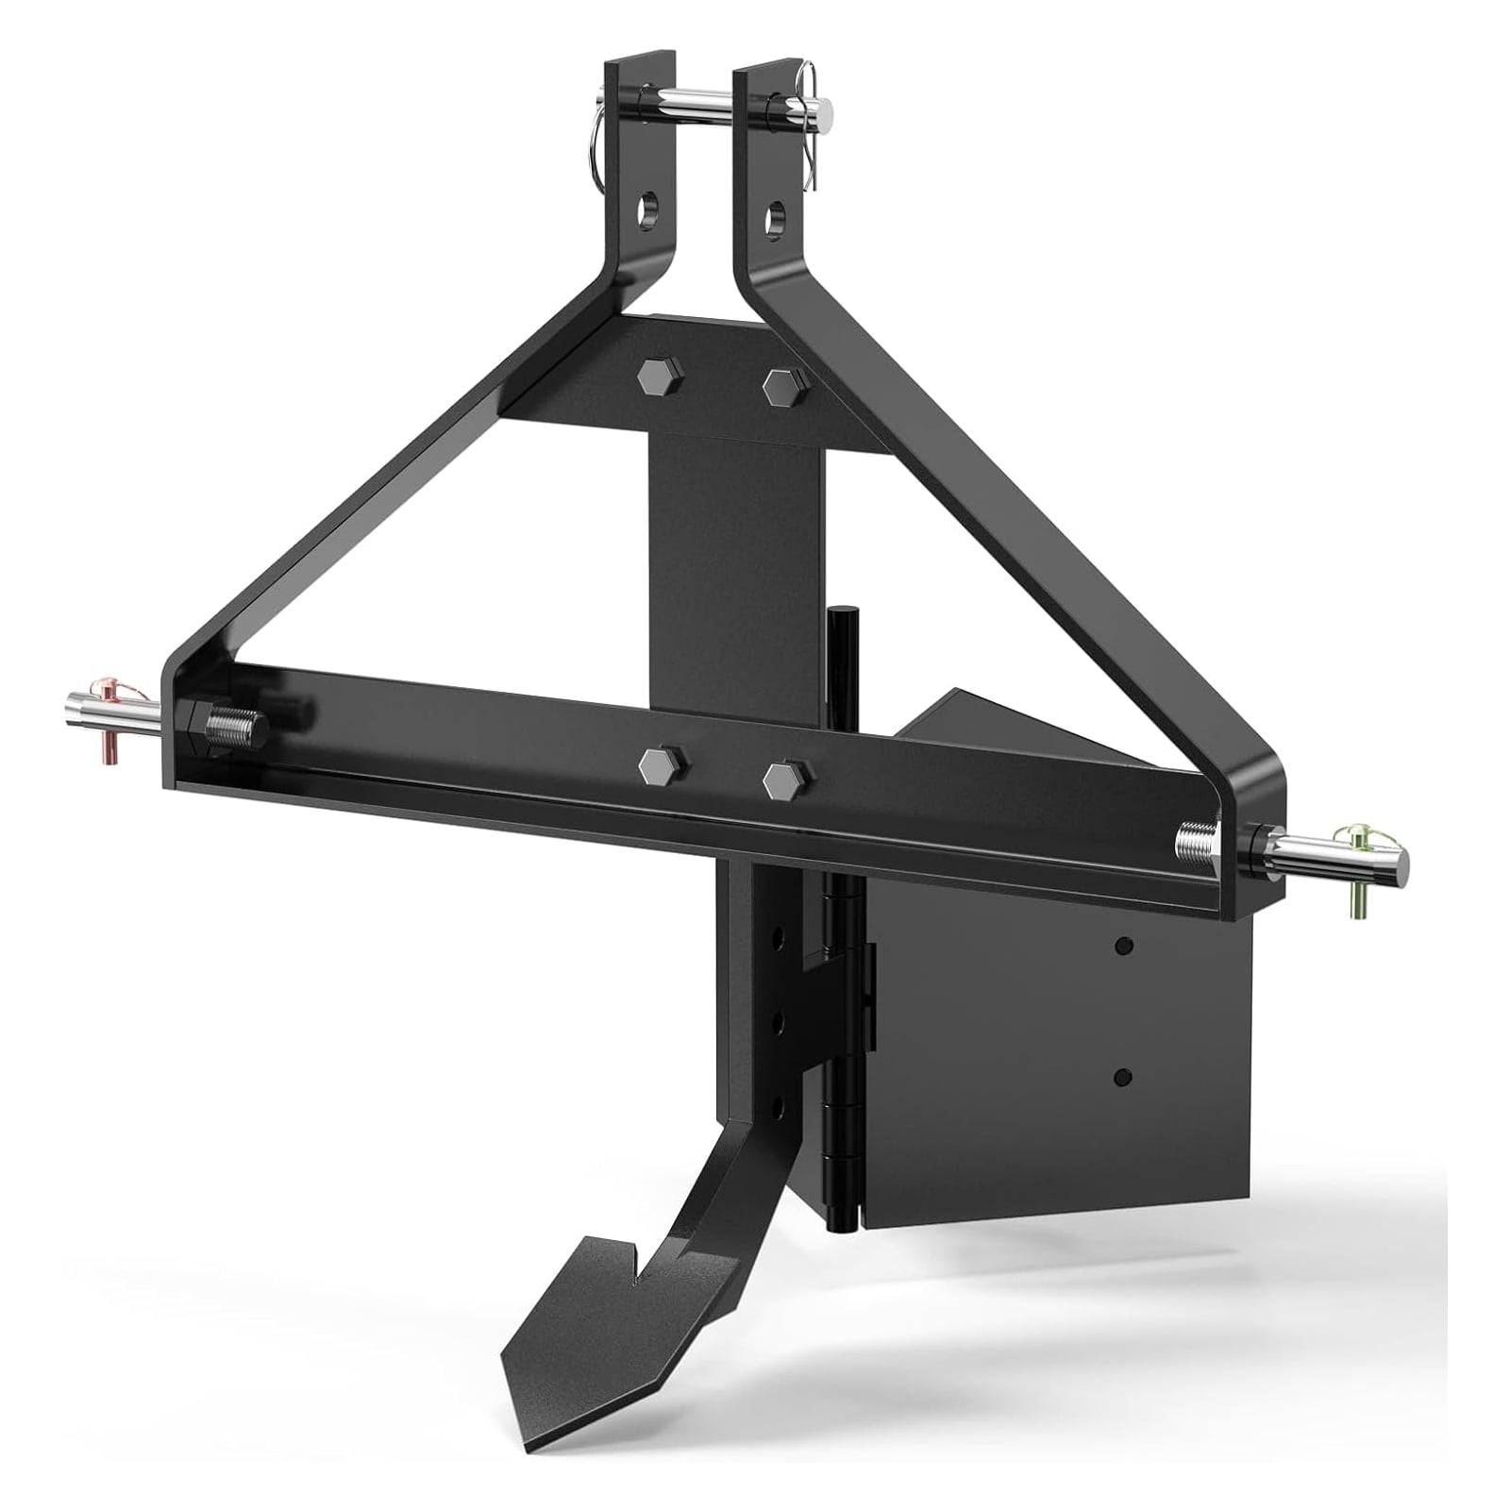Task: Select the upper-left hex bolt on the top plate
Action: coord(651,377)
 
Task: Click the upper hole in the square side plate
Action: coord(1123,944)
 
